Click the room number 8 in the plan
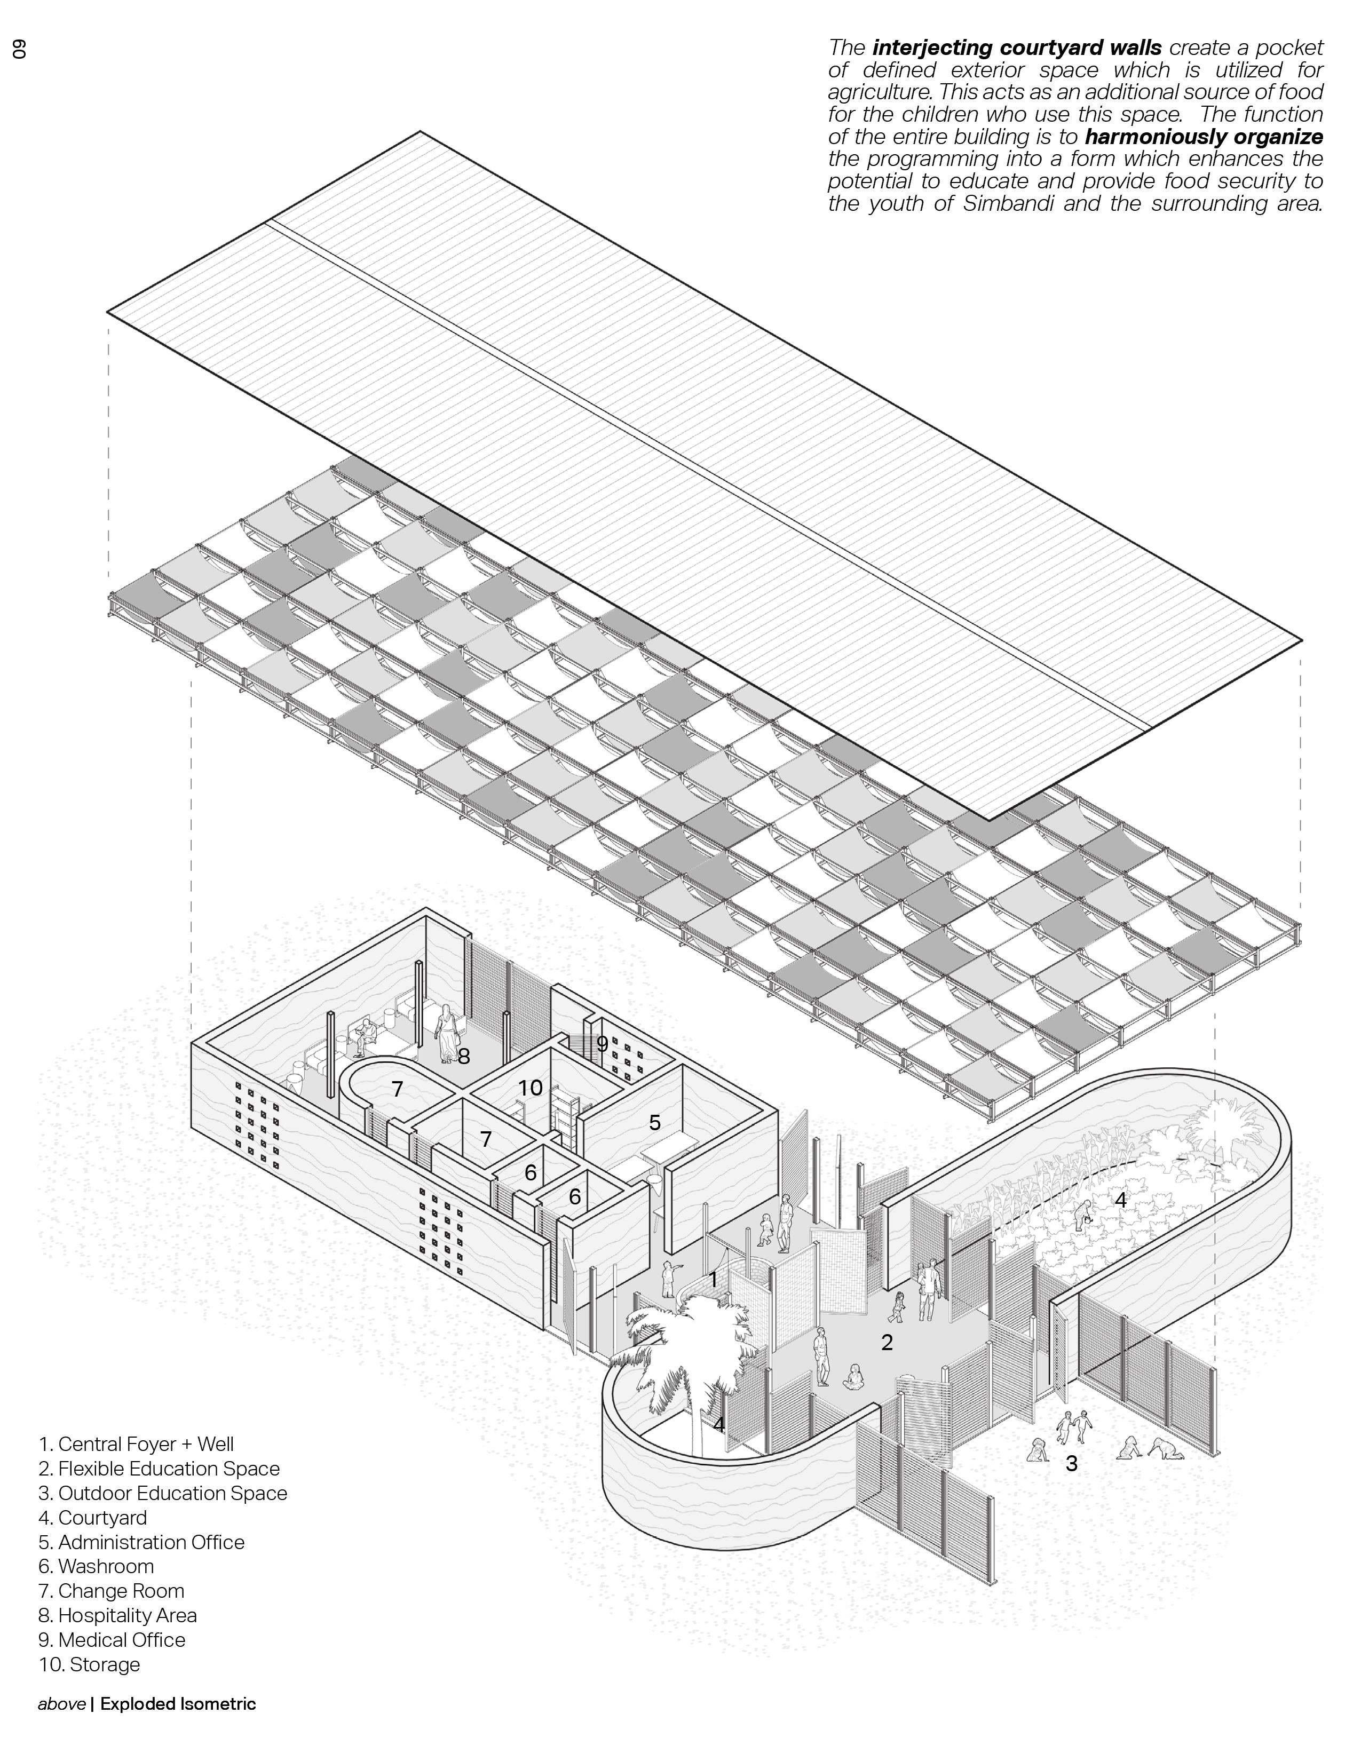(464, 1056)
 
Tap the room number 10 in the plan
(530, 1088)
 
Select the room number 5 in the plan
(655, 1122)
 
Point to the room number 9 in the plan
(602, 1043)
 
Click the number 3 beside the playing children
(1071, 1463)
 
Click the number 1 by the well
(713, 1280)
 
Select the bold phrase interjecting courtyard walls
(1017, 47)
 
